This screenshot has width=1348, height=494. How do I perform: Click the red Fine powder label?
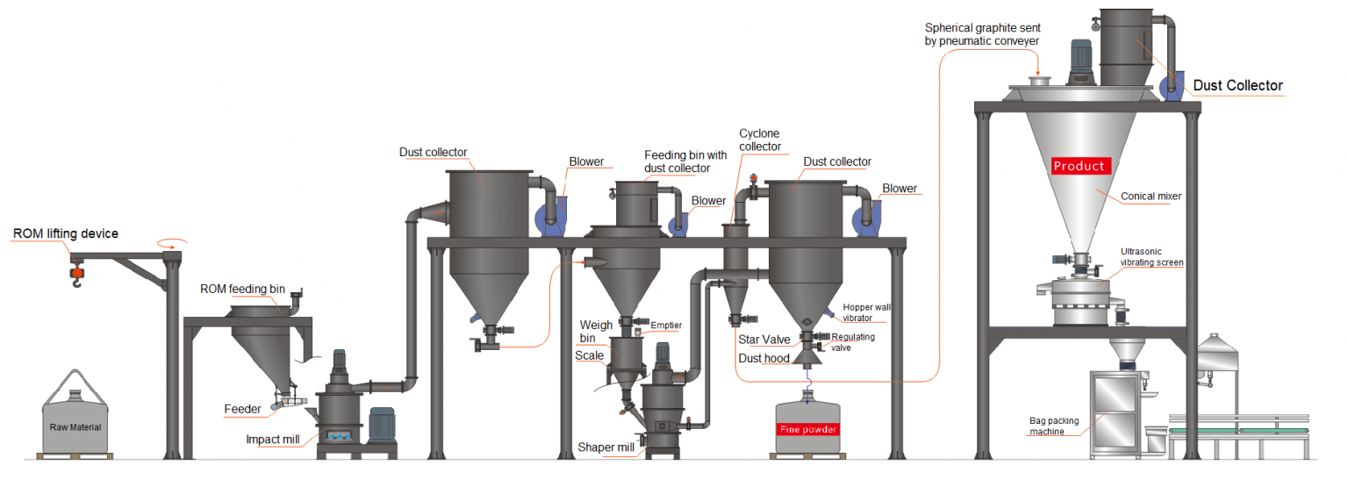pyautogui.click(x=808, y=429)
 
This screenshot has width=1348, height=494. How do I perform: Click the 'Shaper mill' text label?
pyautogui.click(x=606, y=447)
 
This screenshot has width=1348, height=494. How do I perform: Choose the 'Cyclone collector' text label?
pyautogui.click(x=760, y=140)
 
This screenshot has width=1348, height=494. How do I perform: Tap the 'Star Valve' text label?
pyautogui.click(x=764, y=340)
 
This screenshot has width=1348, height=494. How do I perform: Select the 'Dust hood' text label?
pyautogui.click(x=764, y=358)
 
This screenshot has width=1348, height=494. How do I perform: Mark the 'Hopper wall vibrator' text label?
pyautogui.click(x=866, y=312)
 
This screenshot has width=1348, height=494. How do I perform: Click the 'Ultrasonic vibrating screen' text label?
pyautogui.click(x=1151, y=257)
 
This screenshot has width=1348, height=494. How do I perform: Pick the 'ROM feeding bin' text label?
pyautogui.click(x=242, y=289)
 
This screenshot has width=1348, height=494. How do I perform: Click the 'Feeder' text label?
pyautogui.click(x=242, y=409)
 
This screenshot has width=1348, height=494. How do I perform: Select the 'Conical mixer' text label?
pyautogui.click(x=1151, y=197)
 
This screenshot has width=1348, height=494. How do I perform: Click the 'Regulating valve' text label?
pyautogui.click(x=853, y=342)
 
